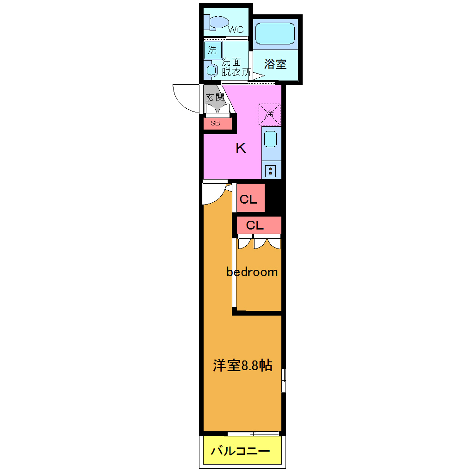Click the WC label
[236, 30]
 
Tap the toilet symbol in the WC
[218, 22]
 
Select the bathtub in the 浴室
[275, 33]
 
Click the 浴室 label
[275, 64]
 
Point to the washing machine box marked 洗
[212, 50]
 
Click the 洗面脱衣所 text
[235, 67]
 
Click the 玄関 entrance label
[215, 97]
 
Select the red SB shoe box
[216, 123]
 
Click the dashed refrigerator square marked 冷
[269, 114]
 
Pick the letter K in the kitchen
[241, 148]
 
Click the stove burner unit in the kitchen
[271, 171]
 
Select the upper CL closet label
[248, 200]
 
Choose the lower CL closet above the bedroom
[255, 225]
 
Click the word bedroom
[252, 272]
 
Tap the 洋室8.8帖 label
[242, 366]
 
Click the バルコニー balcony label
[240, 451]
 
